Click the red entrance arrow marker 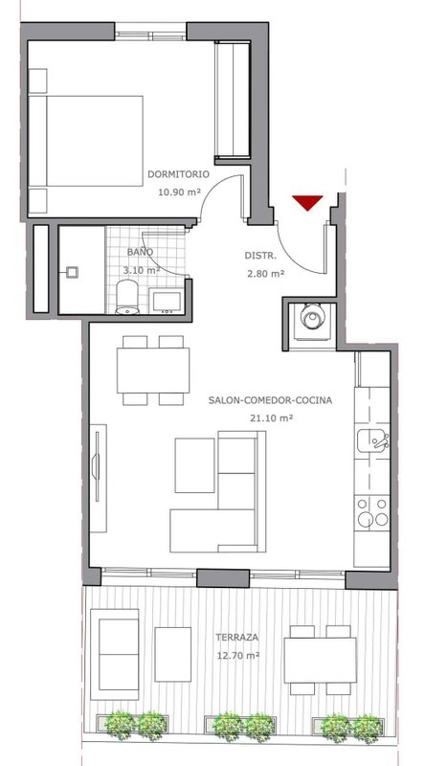click(307, 202)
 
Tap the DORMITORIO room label click(178, 174)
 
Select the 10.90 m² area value click(179, 192)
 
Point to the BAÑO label click(140, 252)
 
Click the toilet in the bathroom click(128, 297)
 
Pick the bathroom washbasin click(167, 300)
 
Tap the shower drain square click(73, 272)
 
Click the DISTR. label click(261, 255)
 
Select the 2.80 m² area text click(266, 274)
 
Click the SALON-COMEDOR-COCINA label click(270, 400)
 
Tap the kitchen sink click(372, 440)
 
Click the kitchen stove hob click(372, 511)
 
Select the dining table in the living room click(153, 370)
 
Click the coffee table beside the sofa click(194, 465)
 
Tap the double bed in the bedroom click(85, 141)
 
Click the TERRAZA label click(237, 637)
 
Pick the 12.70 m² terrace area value click(238, 655)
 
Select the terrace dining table click(320, 660)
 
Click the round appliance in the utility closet click(311, 319)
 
